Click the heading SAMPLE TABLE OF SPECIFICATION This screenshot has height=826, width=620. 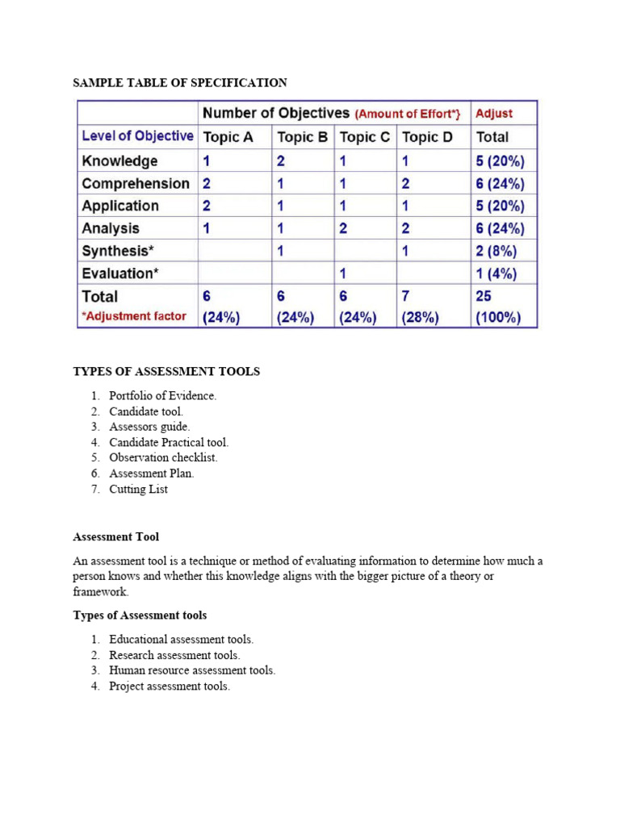pyautogui.click(x=180, y=82)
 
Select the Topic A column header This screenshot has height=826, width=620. pyautogui.click(x=228, y=137)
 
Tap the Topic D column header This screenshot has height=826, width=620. pyautogui.click(x=427, y=137)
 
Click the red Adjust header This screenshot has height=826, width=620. pyautogui.click(x=493, y=114)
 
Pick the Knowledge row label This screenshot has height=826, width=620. pyautogui.click(x=119, y=161)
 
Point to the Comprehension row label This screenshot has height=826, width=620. pyautogui.click(x=136, y=183)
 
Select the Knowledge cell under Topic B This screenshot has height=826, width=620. pyautogui.click(x=281, y=161)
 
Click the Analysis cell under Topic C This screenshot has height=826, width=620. pyautogui.click(x=343, y=228)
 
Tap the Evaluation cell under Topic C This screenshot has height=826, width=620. pyautogui.click(x=343, y=273)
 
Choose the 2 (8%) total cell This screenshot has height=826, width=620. pyautogui.click(x=495, y=251)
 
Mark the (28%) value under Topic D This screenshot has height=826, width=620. pyautogui.click(x=420, y=317)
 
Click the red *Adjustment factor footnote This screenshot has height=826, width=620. pyautogui.click(x=133, y=316)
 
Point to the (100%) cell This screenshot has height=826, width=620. pyautogui.click(x=498, y=317)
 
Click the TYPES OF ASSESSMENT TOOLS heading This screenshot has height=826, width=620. pyautogui.click(x=166, y=371)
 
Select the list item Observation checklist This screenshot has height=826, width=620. pyautogui.click(x=163, y=457)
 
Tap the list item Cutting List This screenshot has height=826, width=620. pyautogui.click(x=139, y=489)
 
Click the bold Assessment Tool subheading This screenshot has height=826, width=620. pyautogui.click(x=115, y=536)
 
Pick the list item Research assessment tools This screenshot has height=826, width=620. pyautogui.click(x=174, y=655)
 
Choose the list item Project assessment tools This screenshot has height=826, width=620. pyautogui.click(x=170, y=686)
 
